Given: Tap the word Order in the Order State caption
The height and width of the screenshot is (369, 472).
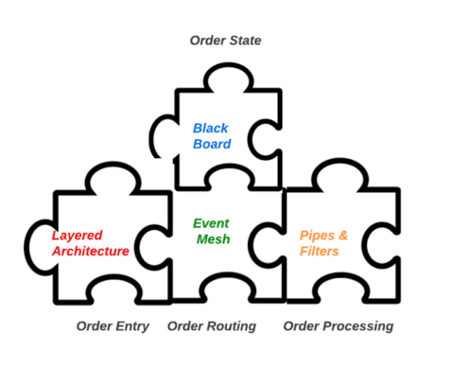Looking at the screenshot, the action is pyautogui.click(x=207, y=40).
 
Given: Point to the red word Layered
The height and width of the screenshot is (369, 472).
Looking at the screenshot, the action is pyautogui.click(x=77, y=235).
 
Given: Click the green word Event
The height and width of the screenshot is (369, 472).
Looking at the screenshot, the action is pyautogui.click(x=211, y=224).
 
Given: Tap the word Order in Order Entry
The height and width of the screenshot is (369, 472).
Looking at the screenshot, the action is pyautogui.click(x=95, y=326).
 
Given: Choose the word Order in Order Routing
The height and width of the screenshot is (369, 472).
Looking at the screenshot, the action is pyautogui.click(x=185, y=326).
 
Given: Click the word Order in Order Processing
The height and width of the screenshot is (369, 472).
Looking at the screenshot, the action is pyautogui.click(x=303, y=326).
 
